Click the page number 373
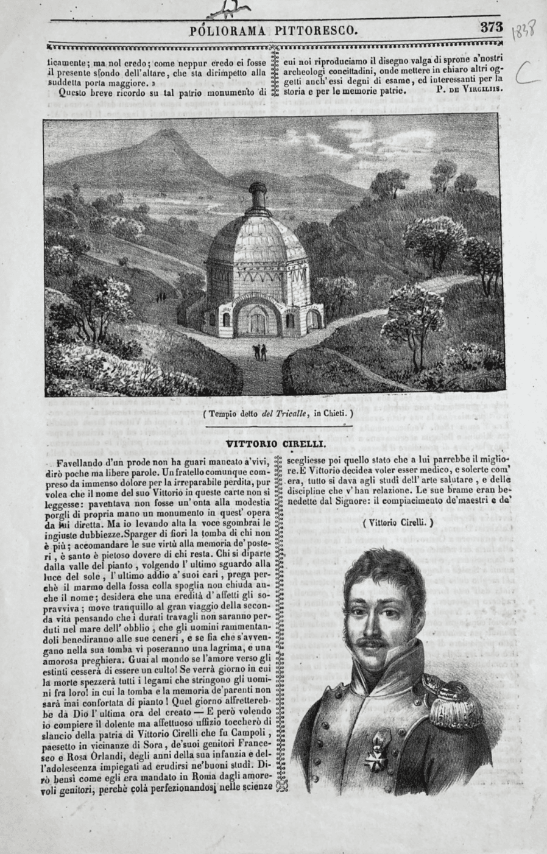(x=491, y=27)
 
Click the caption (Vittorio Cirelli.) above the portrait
(x=398, y=522)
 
